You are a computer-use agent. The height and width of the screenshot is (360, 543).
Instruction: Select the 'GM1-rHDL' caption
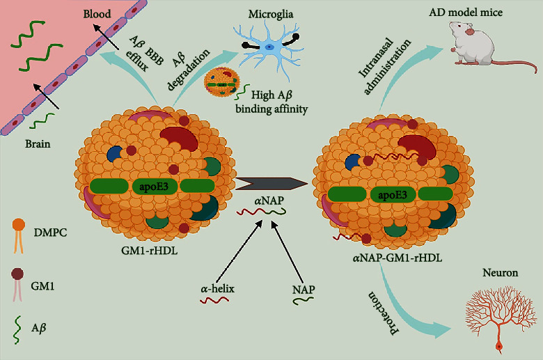148,251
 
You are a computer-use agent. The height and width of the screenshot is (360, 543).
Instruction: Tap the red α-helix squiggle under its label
215,301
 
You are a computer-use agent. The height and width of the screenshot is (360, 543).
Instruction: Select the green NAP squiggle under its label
301,301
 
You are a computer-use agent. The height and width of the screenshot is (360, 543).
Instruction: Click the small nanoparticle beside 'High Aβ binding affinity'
223,86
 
